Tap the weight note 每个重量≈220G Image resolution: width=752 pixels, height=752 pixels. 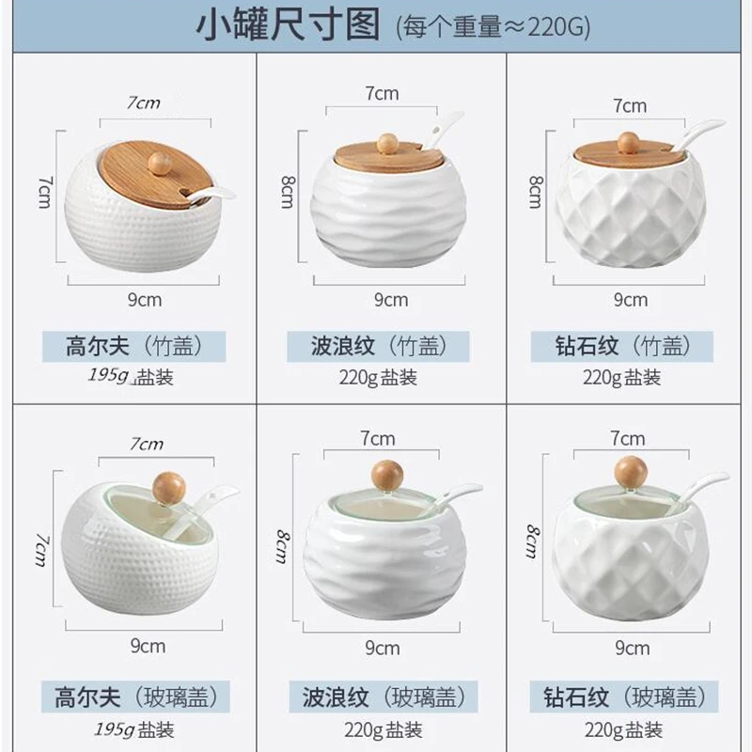click(x=493, y=27)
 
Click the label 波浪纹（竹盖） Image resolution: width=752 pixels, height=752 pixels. click(x=376, y=346)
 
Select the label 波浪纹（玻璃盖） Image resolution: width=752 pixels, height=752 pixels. click(x=376, y=697)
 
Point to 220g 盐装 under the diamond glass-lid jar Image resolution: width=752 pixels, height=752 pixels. click(x=622, y=729)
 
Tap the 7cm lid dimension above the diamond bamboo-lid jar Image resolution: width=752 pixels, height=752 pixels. click(x=630, y=105)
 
